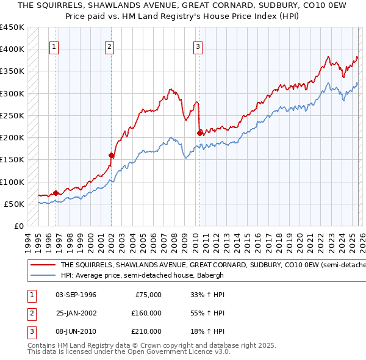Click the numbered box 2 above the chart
[x=110, y=46]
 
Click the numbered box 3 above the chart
[x=198, y=46]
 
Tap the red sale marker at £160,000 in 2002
[x=111, y=155]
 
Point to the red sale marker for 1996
[x=56, y=192]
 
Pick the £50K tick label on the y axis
[x=14, y=204]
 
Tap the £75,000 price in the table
[x=148, y=295]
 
